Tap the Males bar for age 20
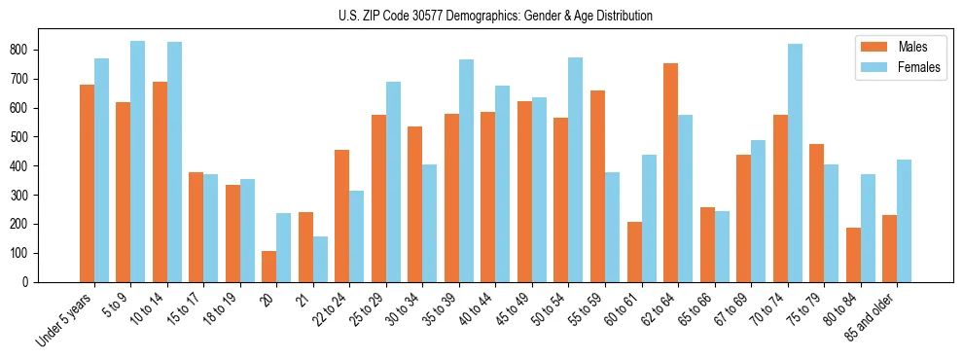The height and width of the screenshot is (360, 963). (269, 267)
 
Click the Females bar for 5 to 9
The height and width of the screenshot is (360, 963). (138, 162)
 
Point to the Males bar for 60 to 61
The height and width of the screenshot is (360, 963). (634, 252)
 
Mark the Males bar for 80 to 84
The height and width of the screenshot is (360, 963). (853, 255)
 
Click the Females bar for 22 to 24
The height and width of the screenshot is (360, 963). (357, 236)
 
